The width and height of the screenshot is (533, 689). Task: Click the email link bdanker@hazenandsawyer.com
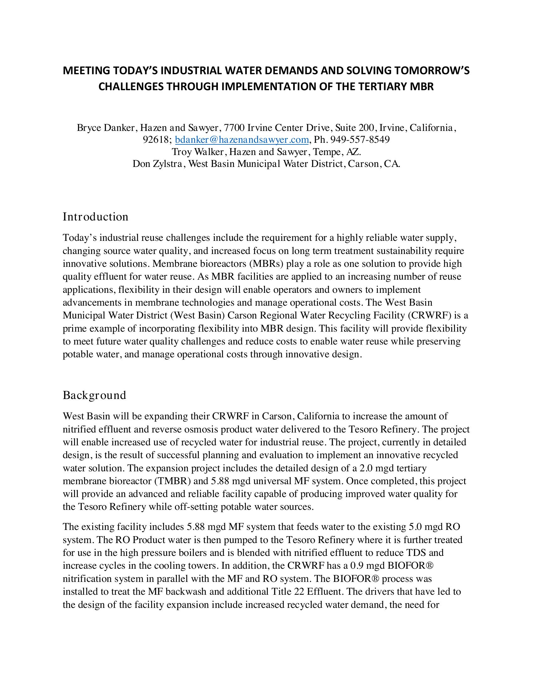click(x=241, y=139)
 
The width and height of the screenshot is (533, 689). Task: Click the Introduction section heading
click(x=95, y=217)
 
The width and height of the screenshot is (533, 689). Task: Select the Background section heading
click(x=94, y=395)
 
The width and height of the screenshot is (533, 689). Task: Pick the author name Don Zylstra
click(x=159, y=164)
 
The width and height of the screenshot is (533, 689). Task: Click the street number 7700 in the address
click(x=234, y=128)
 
